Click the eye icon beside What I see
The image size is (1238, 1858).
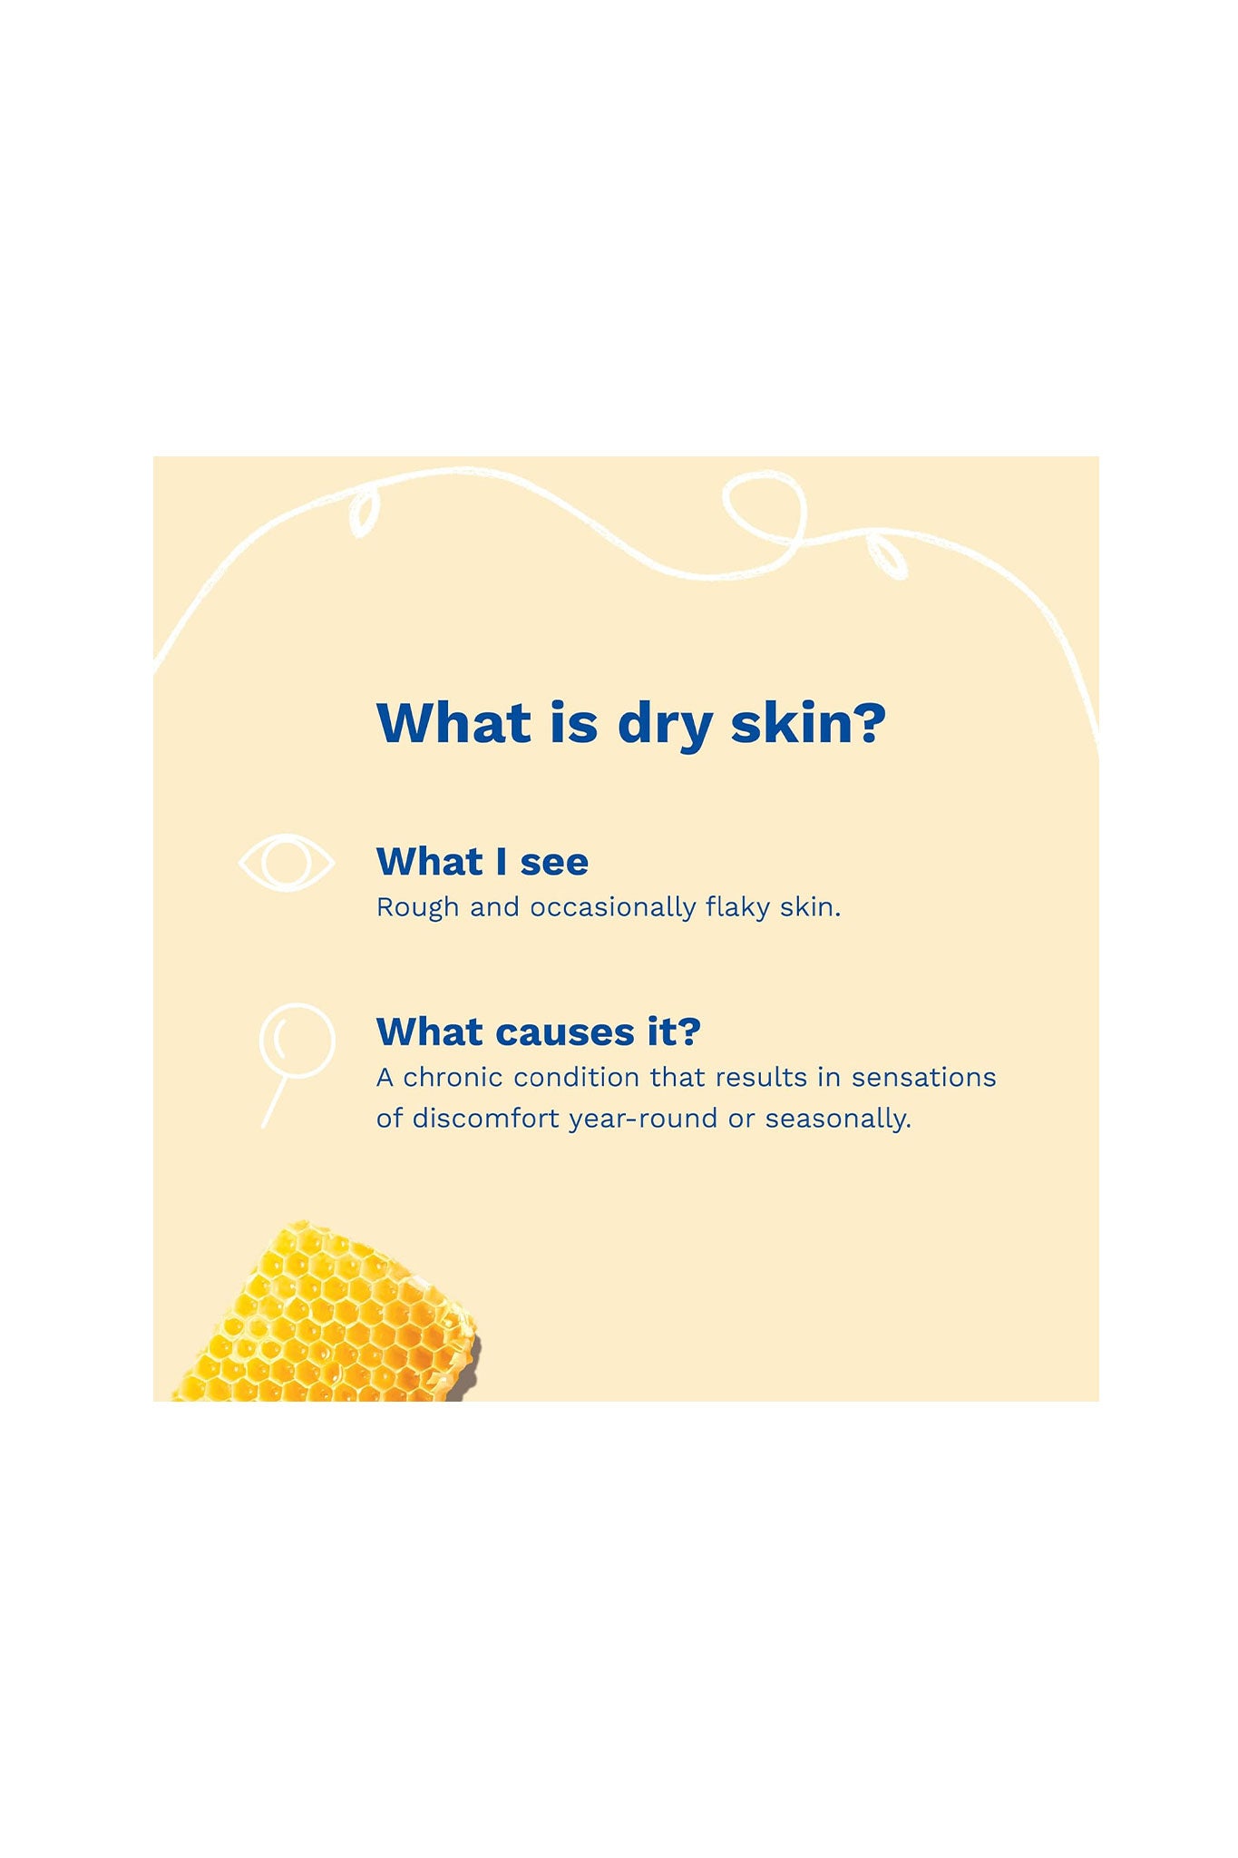[x=286, y=862]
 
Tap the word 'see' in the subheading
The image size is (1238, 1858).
[x=554, y=863]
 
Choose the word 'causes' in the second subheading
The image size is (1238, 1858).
[x=565, y=1033]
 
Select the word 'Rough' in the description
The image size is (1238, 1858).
[x=418, y=908]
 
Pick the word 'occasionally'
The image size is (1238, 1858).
[x=612, y=908]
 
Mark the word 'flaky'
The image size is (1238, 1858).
[x=737, y=908]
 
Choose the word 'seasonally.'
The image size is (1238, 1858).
[x=838, y=1120]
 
